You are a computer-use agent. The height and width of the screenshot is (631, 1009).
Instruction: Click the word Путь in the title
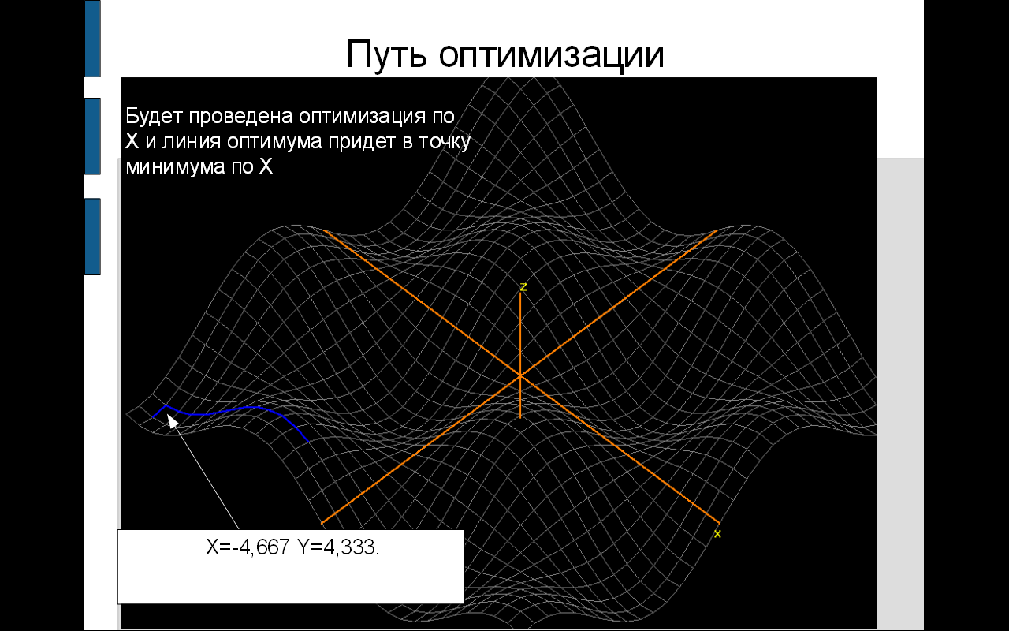pos(386,54)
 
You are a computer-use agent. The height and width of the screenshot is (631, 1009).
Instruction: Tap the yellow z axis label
pos(523,287)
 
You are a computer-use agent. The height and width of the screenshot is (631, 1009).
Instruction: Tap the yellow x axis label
pos(717,534)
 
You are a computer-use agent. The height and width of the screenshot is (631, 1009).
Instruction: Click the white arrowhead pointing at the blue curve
pos(173,421)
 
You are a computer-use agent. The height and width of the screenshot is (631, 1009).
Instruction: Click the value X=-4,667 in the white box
pos(248,547)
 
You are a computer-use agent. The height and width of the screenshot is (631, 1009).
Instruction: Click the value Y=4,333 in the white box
pos(338,547)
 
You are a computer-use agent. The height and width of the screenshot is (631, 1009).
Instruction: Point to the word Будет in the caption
pos(154,116)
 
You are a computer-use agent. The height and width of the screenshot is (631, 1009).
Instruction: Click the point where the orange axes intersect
pos(520,375)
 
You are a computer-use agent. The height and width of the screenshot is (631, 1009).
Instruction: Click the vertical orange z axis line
pos(520,355)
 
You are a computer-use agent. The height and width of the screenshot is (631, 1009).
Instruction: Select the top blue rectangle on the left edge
pos(93,39)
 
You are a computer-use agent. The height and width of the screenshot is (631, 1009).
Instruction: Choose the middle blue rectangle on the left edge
pos(93,136)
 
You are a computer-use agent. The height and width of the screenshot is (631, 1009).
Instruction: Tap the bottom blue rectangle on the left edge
pos(93,237)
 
